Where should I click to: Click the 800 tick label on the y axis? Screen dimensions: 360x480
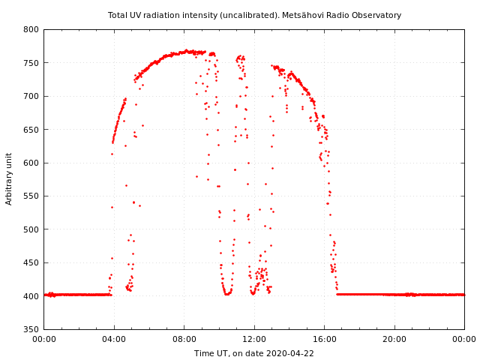(x=31, y=30)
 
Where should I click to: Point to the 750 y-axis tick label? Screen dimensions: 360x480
(x=31, y=63)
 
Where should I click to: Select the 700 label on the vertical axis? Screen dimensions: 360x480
(x=31, y=97)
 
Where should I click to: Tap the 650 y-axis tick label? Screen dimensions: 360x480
(x=31, y=130)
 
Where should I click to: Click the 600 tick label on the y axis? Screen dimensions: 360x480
(x=31, y=163)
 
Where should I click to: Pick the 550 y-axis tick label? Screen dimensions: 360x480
(x=31, y=196)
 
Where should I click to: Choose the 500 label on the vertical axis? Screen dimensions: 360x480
(x=31, y=229)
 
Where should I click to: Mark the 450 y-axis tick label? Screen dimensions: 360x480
(x=31, y=262)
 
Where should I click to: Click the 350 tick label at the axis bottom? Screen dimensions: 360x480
(x=31, y=329)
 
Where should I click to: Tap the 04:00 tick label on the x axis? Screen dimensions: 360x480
(x=114, y=340)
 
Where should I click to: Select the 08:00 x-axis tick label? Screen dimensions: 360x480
(x=184, y=340)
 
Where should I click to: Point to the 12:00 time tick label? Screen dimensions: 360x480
(x=254, y=340)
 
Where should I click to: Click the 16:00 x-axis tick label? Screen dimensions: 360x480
(x=325, y=340)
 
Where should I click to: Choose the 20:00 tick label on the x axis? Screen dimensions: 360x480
(x=394, y=340)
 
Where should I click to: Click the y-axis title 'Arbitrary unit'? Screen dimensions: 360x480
(x=10, y=179)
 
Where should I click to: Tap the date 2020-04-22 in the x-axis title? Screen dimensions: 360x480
(x=288, y=353)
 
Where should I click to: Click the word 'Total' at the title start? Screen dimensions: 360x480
(x=118, y=15)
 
